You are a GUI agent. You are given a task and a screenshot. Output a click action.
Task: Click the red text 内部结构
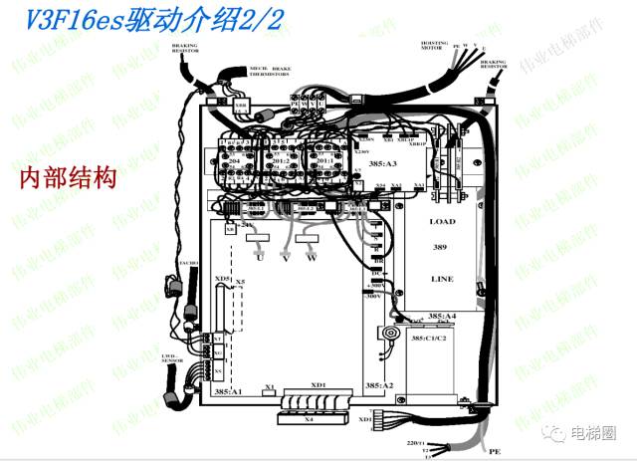pos(69,179)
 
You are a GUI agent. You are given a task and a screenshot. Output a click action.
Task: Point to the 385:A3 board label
pos(382,162)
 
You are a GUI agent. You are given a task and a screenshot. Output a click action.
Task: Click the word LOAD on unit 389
pos(442,221)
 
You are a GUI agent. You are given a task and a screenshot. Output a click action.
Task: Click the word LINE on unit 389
pos(442,280)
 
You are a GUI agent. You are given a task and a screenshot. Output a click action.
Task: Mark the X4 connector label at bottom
pos(309,419)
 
